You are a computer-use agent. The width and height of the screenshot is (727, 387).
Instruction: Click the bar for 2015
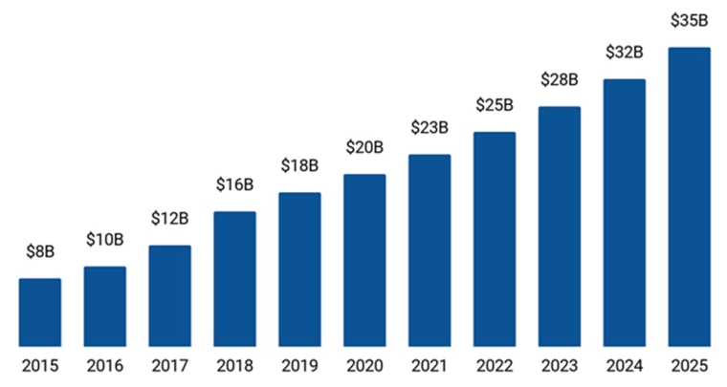[40, 312]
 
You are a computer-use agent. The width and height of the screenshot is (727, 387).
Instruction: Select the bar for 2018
[234, 279]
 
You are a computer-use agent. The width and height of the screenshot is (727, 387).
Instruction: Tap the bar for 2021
[430, 250]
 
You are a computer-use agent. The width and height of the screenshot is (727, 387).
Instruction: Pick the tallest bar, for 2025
[689, 197]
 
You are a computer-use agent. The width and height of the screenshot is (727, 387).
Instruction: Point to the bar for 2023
[560, 226]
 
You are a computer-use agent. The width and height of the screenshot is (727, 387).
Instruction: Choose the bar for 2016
[104, 307]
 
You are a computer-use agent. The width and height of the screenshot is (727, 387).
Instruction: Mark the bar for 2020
[364, 260]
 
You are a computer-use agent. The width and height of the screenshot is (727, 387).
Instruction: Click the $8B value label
[40, 252]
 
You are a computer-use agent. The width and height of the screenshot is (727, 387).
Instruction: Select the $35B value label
[689, 21]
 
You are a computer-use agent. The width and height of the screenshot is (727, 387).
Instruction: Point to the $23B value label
[430, 127]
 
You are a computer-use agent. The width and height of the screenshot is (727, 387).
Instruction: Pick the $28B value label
[560, 79]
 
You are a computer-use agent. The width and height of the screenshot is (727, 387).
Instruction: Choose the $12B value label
[169, 219]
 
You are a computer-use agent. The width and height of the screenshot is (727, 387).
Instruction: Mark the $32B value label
[625, 53]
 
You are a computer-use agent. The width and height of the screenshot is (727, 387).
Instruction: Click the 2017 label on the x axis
[169, 366]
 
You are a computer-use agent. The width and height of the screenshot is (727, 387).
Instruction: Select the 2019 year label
[299, 366]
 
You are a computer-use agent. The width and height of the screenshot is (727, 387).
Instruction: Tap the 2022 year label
[495, 366]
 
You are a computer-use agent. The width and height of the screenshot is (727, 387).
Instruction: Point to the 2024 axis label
[625, 366]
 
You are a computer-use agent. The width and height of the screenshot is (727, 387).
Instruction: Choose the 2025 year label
[689, 366]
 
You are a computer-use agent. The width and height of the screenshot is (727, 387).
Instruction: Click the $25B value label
[495, 105]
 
